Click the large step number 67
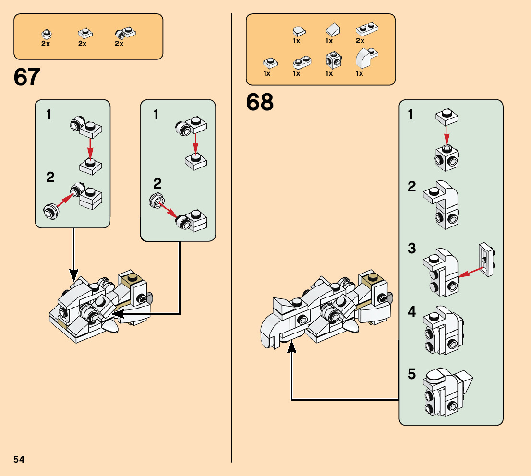(x=27, y=77)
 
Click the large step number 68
(x=260, y=102)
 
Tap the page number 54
(x=19, y=459)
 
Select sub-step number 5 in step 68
(x=411, y=374)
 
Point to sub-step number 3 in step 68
(x=411, y=249)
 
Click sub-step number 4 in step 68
(x=411, y=311)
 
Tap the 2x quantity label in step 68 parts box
(x=360, y=41)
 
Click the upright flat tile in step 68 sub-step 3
(x=487, y=259)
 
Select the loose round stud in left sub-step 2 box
(x=50, y=212)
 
